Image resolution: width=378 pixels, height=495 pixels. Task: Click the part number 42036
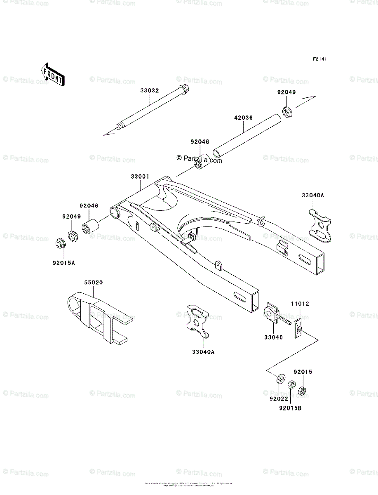point(244,118)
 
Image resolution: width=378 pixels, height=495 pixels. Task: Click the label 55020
point(94,283)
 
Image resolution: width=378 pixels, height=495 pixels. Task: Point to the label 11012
point(301,304)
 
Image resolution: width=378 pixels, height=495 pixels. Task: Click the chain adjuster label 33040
point(274,337)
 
